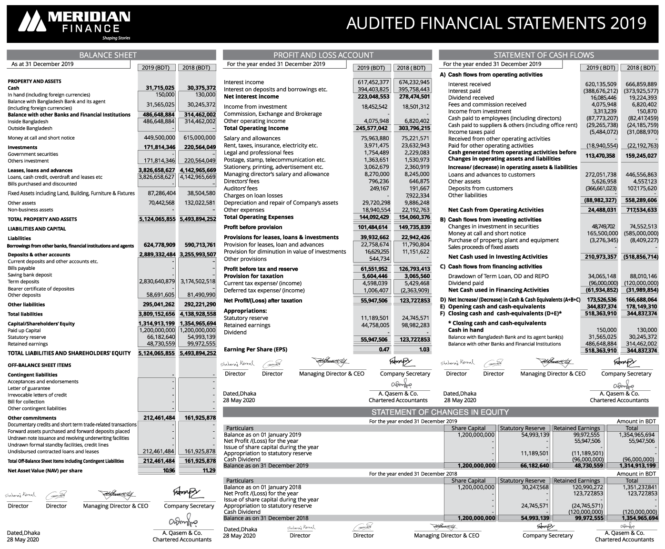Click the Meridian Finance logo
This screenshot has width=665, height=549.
pyautogui.click(x=74, y=23)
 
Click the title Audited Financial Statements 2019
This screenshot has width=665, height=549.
pyautogui.click(x=496, y=23)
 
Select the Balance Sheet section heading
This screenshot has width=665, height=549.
pyautogui.click(x=108, y=55)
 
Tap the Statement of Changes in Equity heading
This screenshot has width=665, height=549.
pyautogui.click(x=440, y=412)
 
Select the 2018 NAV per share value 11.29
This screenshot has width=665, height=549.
pyautogui.click(x=209, y=470)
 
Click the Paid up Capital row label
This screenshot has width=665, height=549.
pyautogui.click(x=24, y=330)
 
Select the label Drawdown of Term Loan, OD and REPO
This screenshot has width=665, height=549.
pyautogui.click(x=498, y=276)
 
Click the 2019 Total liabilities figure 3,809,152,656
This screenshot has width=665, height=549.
pyautogui.click(x=157, y=314)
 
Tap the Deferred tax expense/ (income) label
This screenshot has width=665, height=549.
pyautogui.click(x=264, y=290)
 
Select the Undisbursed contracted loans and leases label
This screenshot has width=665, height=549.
pyautogui.click(x=53, y=451)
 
